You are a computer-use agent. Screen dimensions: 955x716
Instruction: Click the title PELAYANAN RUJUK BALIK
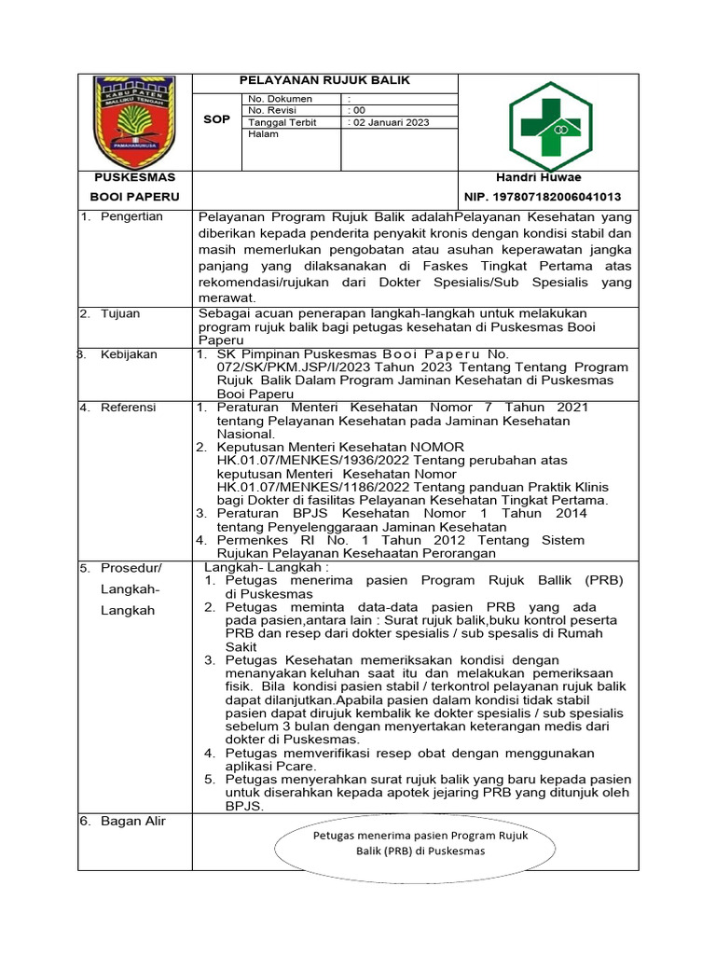324,81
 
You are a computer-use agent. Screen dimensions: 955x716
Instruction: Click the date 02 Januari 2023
390,122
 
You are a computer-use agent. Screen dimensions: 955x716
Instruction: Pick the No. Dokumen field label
280,98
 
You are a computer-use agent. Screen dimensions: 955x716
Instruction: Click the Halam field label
263,134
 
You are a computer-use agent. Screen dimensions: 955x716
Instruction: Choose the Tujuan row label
120,313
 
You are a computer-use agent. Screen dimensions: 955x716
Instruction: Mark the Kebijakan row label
130,354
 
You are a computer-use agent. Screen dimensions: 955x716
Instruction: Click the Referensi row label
129,408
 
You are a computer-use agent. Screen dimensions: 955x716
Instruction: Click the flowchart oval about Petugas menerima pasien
420,844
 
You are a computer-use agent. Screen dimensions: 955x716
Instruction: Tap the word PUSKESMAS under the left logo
133,177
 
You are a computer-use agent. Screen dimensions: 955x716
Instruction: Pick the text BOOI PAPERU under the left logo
133,197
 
